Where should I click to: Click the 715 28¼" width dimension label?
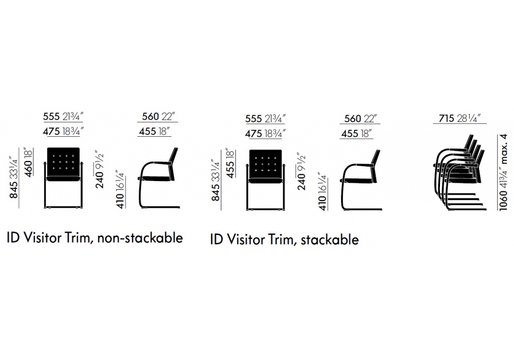coord(460,118)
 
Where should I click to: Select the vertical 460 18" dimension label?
coord(29,163)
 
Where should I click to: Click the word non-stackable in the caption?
coord(140,238)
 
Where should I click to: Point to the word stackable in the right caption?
coord(329,240)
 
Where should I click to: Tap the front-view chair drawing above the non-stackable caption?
coord(63,178)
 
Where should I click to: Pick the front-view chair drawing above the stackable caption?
coord(266,180)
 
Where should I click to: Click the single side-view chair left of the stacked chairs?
coord(361,180)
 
